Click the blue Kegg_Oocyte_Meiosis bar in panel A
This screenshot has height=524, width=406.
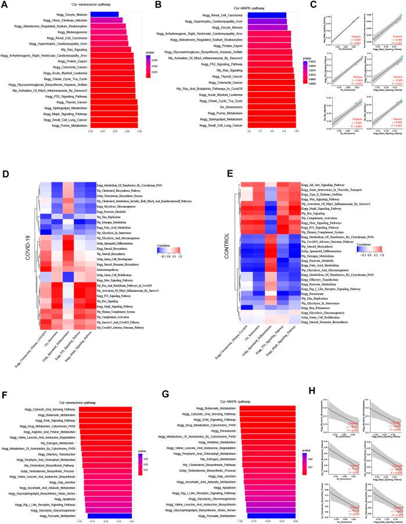pyautogui.click(x=104, y=14)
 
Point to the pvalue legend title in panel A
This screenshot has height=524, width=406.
pyautogui.click(x=149, y=52)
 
